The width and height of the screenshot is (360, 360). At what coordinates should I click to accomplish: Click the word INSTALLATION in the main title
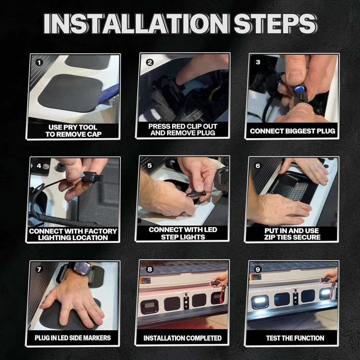coord(136,24)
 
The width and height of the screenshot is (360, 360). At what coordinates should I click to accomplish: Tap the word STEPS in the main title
coord(275,24)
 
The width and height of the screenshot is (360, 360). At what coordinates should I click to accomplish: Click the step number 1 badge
coord(39,62)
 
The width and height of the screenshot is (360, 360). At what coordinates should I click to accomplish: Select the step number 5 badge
coord(150,166)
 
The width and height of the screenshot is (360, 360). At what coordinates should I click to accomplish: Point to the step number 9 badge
coord(258,269)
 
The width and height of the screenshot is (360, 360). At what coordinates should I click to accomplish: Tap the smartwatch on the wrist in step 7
coord(82,268)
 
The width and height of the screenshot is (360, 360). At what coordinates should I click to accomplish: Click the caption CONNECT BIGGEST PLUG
coord(292,131)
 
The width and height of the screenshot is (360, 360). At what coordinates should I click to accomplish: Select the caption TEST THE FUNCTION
coord(295,338)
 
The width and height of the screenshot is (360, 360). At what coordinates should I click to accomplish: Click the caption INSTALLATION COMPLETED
coord(182,338)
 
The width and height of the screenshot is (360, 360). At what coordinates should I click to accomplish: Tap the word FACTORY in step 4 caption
coord(101,231)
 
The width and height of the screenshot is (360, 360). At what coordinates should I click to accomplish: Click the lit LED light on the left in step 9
coord(260,301)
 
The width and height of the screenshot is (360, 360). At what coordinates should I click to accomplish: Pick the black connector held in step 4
coord(91,177)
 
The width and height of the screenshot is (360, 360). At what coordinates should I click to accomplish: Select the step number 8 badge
coord(150,269)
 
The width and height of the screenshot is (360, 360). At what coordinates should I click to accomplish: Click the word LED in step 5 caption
coord(209,229)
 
